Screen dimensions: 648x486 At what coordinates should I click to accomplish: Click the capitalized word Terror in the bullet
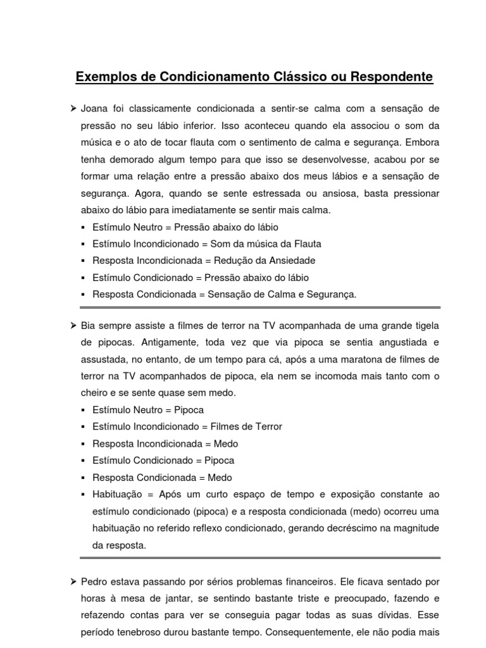(266, 427)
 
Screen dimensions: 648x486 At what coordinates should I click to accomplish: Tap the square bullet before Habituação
(84, 494)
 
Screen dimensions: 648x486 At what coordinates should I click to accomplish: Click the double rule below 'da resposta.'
(259, 558)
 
